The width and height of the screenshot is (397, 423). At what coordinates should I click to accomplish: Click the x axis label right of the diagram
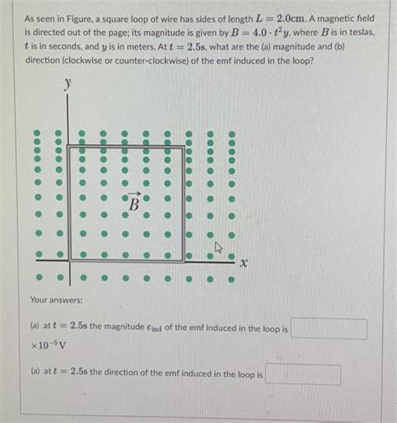pyautogui.click(x=244, y=263)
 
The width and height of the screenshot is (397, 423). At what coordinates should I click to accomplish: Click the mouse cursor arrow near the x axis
pyautogui.click(x=219, y=247)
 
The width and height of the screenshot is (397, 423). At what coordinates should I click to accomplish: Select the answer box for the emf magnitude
pyautogui.click(x=328, y=328)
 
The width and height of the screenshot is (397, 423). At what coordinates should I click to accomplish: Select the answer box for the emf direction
pyautogui.click(x=302, y=374)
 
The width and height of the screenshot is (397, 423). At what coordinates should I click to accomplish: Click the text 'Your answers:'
pyautogui.click(x=56, y=297)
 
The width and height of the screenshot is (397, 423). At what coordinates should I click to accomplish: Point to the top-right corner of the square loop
pyautogui.click(x=184, y=147)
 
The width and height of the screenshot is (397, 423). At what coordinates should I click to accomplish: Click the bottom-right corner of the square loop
pyautogui.click(x=184, y=261)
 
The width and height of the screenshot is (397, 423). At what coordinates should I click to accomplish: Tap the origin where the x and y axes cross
pyautogui.click(x=68, y=261)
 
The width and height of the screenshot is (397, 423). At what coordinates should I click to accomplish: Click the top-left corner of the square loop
pyautogui.click(x=69, y=147)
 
